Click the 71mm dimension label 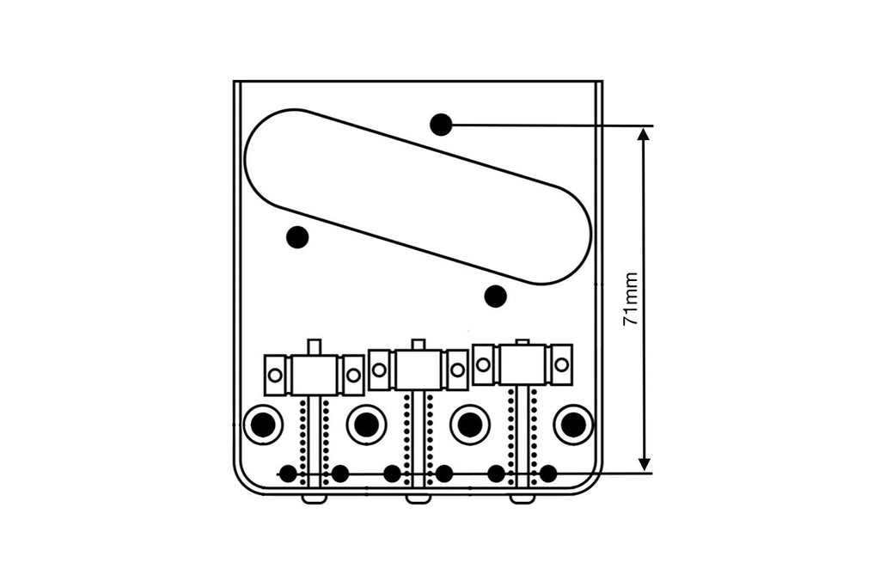click(632, 299)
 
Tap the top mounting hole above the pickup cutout click(441, 125)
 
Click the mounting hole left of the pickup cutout click(297, 236)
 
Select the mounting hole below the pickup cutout click(495, 297)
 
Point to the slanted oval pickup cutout click(419, 196)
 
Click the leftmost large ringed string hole click(263, 424)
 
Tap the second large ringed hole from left click(366, 424)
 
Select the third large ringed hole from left click(469, 424)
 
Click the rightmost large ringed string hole click(572, 424)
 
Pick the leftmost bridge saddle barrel click(315, 375)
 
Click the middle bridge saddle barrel click(419, 370)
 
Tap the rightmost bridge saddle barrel click(522, 364)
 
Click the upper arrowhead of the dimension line click(644, 134)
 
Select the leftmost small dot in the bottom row click(288, 473)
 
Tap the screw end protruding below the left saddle click(315, 498)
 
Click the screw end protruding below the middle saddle click(419, 498)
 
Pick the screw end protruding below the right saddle click(522, 498)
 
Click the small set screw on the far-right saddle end click(561, 364)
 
